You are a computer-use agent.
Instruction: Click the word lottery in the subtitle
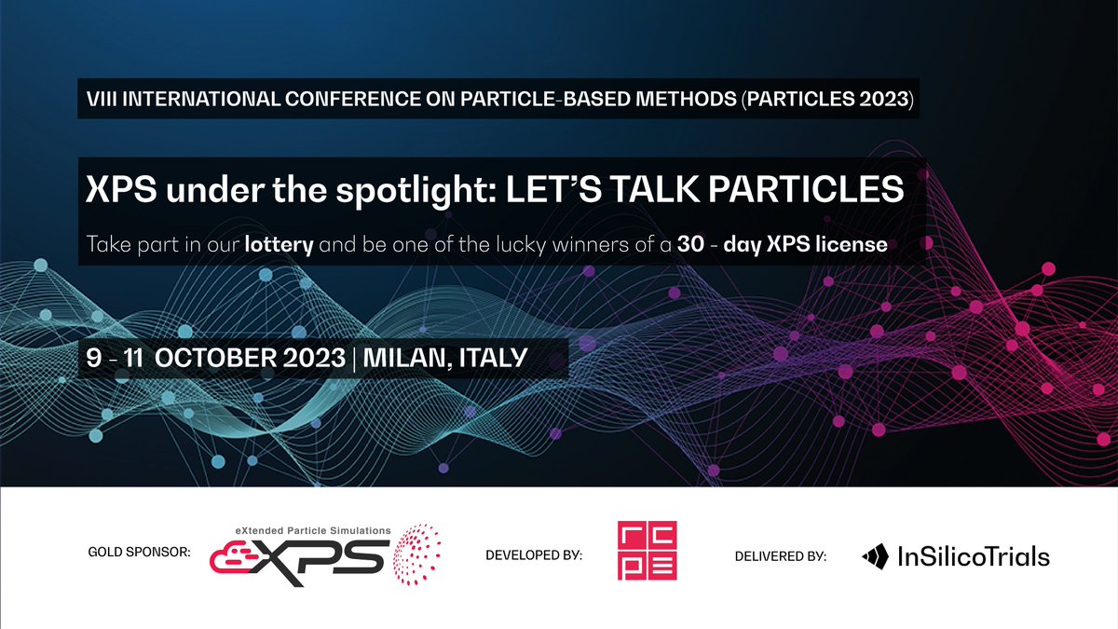tap(279, 247)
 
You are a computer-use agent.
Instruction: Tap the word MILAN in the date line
tap(405, 357)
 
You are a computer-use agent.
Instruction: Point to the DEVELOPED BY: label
tap(534, 556)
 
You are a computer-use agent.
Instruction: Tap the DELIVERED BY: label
tap(780, 556)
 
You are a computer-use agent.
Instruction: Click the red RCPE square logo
tap(647, 551)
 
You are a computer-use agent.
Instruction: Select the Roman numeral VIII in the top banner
tap(100, 98)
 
